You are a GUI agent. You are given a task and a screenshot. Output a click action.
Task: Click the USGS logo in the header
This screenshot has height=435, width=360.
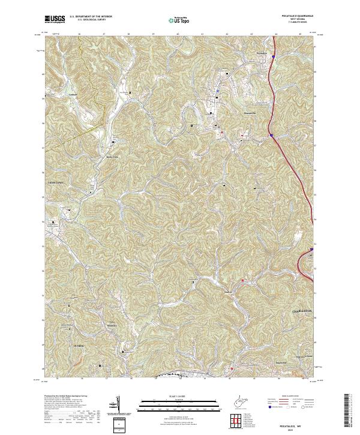coord(55,19)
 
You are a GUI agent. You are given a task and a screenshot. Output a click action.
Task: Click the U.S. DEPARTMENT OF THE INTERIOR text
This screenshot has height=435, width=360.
coord(91,17)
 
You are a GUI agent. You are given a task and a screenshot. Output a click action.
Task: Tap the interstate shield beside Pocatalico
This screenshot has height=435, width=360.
coord(272,57)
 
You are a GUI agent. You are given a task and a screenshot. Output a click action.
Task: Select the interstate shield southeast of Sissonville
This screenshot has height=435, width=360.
coord(271,136)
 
